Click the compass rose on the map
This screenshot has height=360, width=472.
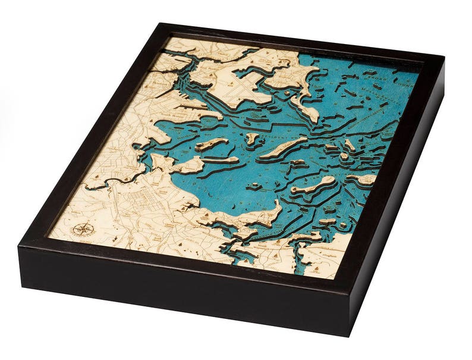point(83,230)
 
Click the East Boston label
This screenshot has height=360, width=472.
point(226,71)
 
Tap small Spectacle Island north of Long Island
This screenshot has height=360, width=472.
point(253,138)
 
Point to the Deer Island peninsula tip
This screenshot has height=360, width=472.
point(311,115)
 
